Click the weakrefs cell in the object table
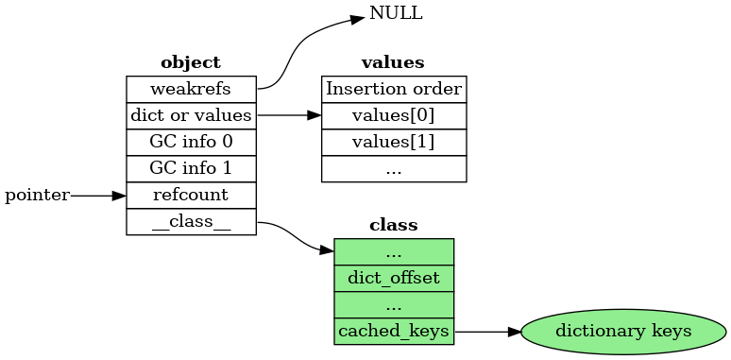point(191,89)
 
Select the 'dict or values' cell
point(191,115)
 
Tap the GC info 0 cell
point(191,142)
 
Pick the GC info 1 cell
point(191,168)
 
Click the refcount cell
point(191,195)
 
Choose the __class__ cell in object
point(191,222)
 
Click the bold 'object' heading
point(191,63)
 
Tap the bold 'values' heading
point(393,63)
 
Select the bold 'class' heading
point(393,226)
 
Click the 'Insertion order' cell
point(394,89)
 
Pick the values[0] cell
point(394,115)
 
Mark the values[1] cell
point(394,142)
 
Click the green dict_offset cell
point(394,278)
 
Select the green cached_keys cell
point(394,332)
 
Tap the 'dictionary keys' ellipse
point(623,332)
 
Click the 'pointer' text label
point(37,196)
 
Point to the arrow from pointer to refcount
point(97,196)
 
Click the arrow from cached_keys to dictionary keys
point(486,332)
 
